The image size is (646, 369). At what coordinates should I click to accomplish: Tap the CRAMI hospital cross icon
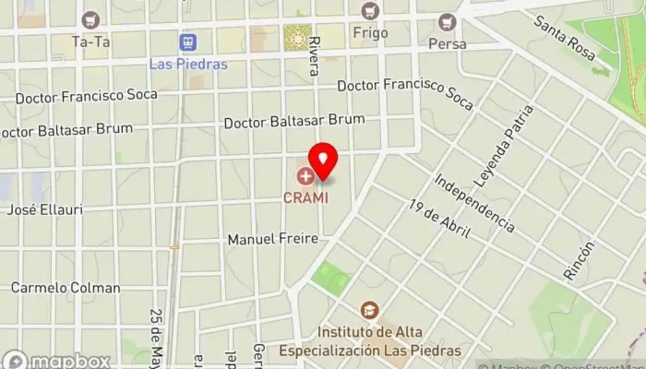tap(305, 175)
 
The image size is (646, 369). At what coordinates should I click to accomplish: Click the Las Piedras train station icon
tap(187, 42)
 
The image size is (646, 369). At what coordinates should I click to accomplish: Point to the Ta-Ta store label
tap(90, 42)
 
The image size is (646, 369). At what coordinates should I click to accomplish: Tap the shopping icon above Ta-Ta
tap(90, 18)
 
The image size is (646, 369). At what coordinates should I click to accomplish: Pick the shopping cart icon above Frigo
tap(370, 10)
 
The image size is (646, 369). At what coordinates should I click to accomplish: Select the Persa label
tap(448, 43)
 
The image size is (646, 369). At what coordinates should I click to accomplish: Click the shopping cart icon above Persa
tap(448, 20)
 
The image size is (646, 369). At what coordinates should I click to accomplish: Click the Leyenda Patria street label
tap(502, 143)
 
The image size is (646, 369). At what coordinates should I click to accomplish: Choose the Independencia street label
tap(473, 202)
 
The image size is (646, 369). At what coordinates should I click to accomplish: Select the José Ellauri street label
tap(44, 209)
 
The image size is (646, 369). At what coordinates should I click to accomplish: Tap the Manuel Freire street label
tap(272, 239)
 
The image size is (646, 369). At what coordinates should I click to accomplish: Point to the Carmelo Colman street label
tap(66, 288)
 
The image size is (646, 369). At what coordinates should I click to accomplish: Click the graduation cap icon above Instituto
tap(368, 309)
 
